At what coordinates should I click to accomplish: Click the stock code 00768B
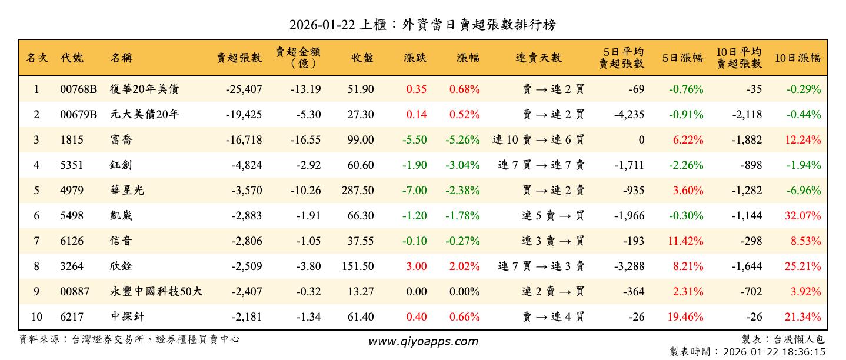78,89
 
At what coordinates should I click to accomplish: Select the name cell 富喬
121,140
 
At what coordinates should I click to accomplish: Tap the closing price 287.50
357,191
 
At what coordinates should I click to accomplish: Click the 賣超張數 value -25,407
244,89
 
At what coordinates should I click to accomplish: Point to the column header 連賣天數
538,58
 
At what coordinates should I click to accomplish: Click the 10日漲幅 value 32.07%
802,216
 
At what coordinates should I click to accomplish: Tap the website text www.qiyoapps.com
423,341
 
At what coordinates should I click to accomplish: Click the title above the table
422,25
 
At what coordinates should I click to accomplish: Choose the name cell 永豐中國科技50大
156,292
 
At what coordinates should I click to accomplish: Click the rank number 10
36,317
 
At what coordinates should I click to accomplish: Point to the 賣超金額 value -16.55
305,140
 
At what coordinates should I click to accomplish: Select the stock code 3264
72,266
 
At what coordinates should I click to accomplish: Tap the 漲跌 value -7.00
415,191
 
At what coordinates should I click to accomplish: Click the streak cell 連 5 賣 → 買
552,216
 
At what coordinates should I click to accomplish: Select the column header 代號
72,58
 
